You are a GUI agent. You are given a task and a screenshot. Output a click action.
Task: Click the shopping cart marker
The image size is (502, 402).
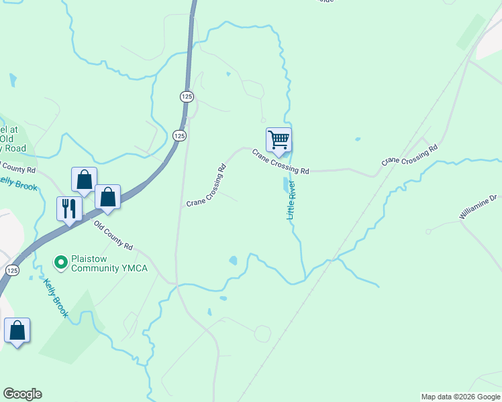click(x=279, y=140)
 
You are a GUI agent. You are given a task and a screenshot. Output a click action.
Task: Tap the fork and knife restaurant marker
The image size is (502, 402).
click(x=69, y=208)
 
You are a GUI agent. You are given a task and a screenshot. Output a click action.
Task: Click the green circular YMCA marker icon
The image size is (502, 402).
click(x=60, y=262)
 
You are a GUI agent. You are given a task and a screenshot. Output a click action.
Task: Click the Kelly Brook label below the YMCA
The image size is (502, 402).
click(x=56, y=298)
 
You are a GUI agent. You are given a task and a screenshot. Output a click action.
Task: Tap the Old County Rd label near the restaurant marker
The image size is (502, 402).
click(x=113, y=237)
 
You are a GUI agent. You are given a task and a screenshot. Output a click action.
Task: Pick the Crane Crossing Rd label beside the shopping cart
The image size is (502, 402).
click(x=281, y=161)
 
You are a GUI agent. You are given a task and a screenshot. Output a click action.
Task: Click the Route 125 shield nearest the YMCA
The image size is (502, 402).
click(x=11, y=269)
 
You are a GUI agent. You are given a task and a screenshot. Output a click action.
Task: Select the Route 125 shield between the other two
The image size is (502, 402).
click(x=179, y=136)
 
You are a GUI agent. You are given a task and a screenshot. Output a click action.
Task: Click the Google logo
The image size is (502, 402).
click(x=22, y=394)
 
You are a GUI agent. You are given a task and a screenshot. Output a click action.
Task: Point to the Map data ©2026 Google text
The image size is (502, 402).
click(x=460, y=397)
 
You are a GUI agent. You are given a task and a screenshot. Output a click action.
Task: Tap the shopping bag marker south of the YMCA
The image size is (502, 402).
click(x=17, y=331)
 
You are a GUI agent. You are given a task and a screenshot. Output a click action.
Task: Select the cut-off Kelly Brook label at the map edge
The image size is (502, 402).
click(x=19, y=183)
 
